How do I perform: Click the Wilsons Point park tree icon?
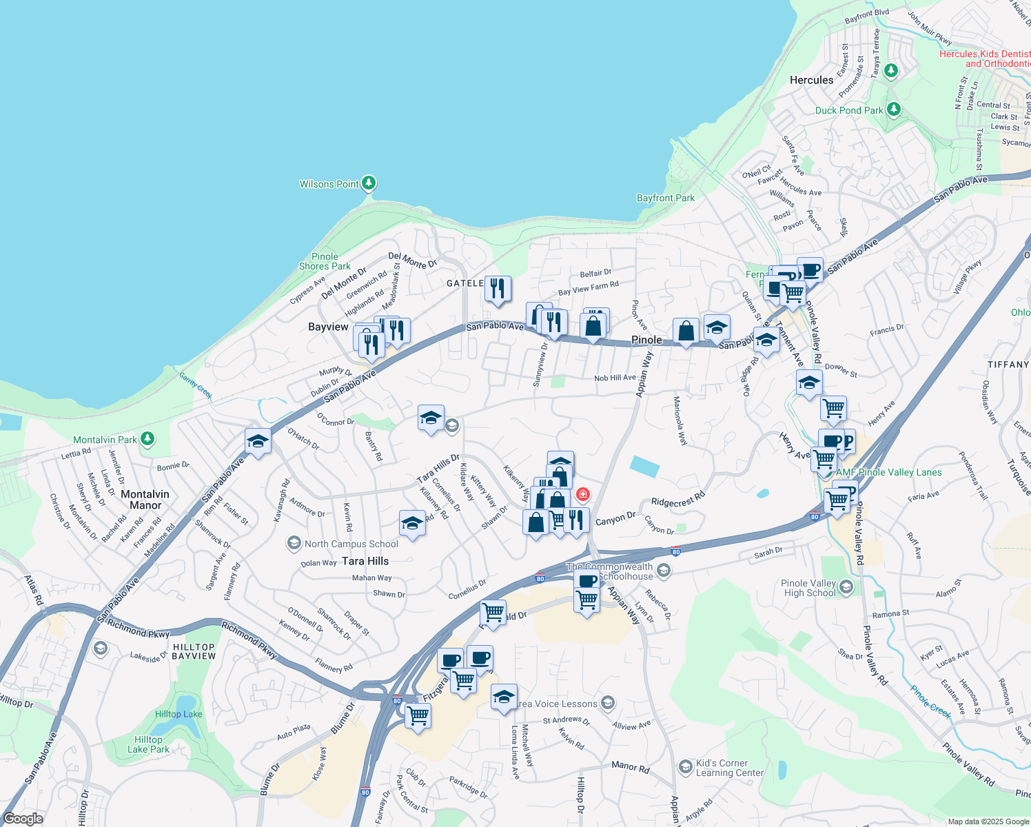369,183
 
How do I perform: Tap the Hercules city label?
811,80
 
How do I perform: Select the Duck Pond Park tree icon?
894,109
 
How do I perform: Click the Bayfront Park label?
665,198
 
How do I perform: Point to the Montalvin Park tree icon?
147,438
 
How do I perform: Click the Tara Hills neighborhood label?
365,561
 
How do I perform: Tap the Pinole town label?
646,340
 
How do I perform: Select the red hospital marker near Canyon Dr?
583,494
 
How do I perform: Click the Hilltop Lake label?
178,714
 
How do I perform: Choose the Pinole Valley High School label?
809,588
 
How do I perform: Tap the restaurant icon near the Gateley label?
498,289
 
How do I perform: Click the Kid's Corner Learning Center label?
729,768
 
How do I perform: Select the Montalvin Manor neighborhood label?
145,500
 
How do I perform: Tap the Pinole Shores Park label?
325,261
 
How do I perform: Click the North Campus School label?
351,544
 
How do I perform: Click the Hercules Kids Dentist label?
986,59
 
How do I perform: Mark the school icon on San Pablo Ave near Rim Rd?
258,442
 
